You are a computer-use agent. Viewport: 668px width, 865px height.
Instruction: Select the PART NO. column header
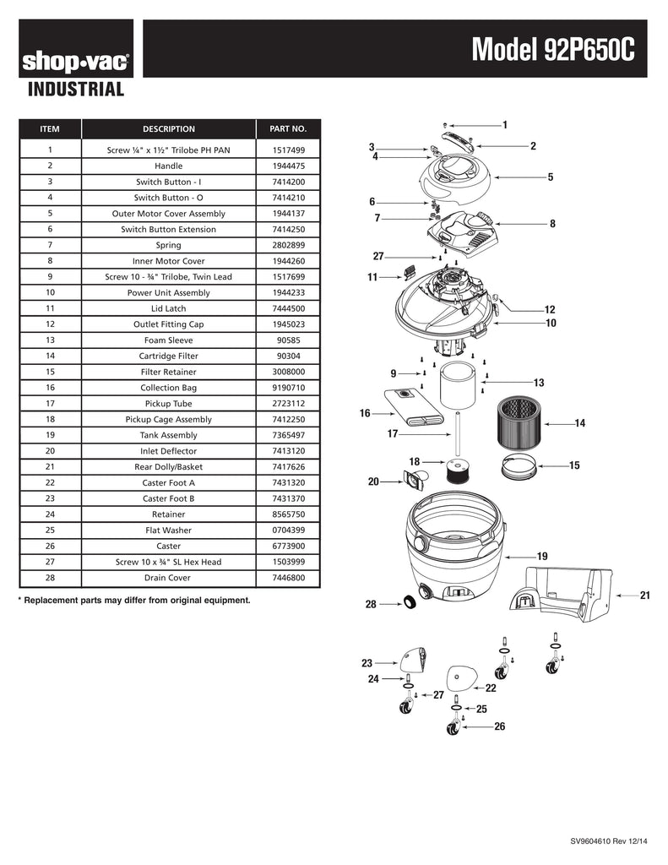click(x=288, y=129)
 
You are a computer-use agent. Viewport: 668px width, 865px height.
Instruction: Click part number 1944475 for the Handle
click(x=288, y=166)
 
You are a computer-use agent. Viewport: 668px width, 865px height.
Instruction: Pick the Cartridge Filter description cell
click(x=168, y=356)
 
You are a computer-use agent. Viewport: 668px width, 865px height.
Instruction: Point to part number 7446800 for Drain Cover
click(x=288, y=578)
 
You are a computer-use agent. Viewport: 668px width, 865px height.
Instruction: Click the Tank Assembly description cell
click(x=168, y=435)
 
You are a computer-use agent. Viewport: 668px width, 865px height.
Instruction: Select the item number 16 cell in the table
click(x=51, y=388)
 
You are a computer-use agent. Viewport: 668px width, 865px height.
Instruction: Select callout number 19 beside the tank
click(x=542, y=557)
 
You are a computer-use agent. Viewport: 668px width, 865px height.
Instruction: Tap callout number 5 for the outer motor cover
click(x=550, y=177)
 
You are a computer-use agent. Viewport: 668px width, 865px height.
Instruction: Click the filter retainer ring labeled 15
click(x=519, y=465)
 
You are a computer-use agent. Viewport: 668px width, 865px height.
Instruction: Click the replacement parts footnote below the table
click(x=134, y=601)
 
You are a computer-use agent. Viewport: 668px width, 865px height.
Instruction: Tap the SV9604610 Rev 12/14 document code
click(x=609, y=841)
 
